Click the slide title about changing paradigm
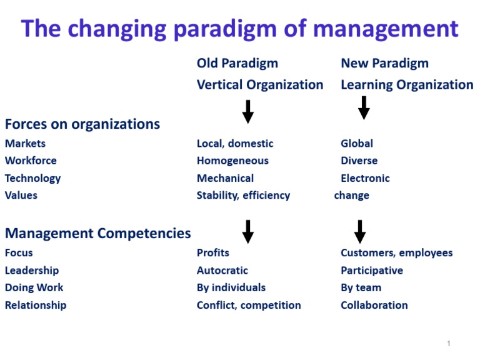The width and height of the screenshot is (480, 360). (x=240, y=29)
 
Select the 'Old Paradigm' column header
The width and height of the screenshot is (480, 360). (x=237, y=63)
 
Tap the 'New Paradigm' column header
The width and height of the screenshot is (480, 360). (x=384, y=63)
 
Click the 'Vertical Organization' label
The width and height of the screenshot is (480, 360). (x=260, y=84)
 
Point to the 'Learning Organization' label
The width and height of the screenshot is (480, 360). (x=407, y=84)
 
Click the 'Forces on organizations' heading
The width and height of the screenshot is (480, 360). (x=82, y=124)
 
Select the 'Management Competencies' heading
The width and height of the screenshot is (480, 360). (x=98, y=233)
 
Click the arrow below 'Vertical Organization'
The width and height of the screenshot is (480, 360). (x=248, y=111)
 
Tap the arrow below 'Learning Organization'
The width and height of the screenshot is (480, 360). (x=364, y=108)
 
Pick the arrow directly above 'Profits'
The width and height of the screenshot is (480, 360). (x=248, y=231)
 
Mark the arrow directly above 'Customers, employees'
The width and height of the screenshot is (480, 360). (x=359, y=231)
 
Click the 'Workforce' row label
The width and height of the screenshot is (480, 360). (x=31, y=161)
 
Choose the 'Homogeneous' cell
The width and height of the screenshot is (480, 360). (x=232, y=161)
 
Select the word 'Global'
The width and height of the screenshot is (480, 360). (x=357, y=143)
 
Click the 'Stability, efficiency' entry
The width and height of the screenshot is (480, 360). (x=243, y=195)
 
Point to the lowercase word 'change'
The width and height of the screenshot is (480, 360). (x=352, y=195)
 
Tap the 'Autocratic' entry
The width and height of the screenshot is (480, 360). (x=222, y=271)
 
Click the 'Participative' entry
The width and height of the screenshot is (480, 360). (x=372, y=271)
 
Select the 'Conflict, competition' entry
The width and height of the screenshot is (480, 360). (x=249, y=305)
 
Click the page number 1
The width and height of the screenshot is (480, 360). (x=449, y=344)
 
